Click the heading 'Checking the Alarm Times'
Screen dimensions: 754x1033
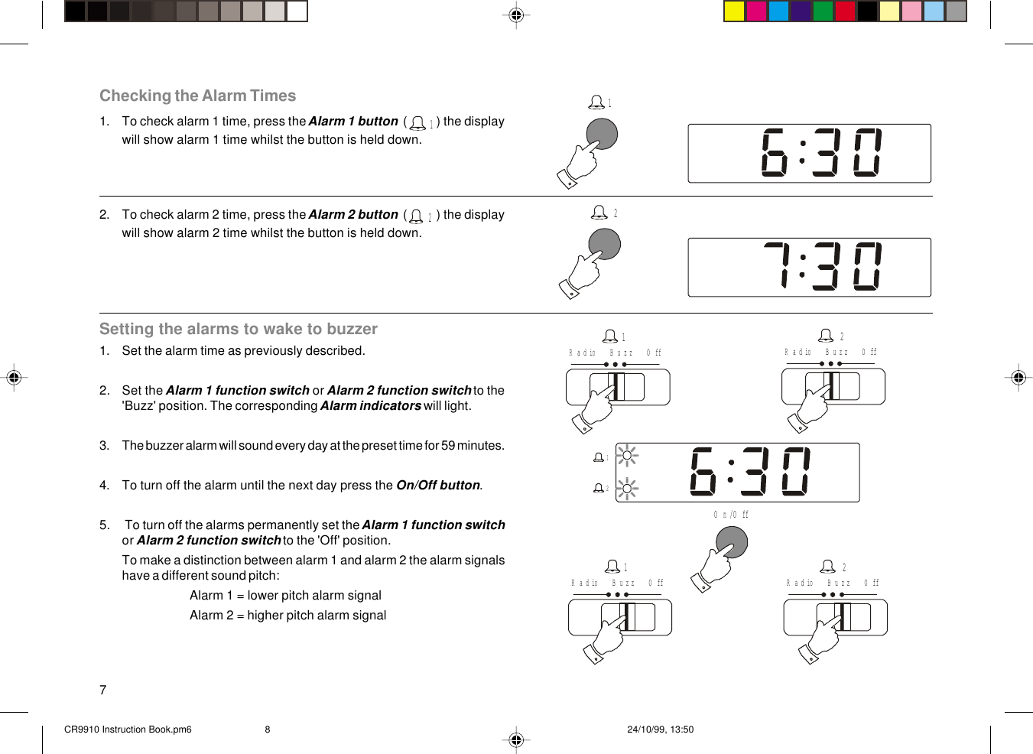tap(197, 96)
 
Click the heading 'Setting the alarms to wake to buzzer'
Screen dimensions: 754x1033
tap(238, 329)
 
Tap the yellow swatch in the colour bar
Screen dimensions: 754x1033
tap(734, 11)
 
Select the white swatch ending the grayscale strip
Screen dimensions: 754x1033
tap(297, 11)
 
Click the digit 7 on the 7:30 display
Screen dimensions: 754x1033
tap(778, 265)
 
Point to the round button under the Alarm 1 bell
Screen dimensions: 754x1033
tap(602, 135)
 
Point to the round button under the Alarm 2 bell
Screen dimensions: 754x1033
tap(604, 245)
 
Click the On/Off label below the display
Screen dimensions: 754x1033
tap(731, 515)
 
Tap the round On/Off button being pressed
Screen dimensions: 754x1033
tap(731, 543)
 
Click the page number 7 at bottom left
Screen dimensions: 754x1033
tap(103, 690)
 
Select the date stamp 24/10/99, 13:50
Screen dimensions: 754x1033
tap(660, 730)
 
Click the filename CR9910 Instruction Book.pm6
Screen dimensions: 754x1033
tap(128, 730)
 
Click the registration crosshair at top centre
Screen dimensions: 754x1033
tap(516, 15)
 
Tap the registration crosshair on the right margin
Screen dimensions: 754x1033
tap(1018, 377)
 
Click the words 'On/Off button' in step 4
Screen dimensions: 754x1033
tap(438, 486)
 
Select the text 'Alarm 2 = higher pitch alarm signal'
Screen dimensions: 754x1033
tap(287, 616)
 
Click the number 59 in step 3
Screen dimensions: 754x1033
tap(448, 446)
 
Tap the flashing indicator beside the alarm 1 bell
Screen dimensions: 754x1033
tap(627, 457)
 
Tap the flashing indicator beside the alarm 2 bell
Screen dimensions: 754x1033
tap(627, 488)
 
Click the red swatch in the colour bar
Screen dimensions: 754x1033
tap(845, 11)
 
